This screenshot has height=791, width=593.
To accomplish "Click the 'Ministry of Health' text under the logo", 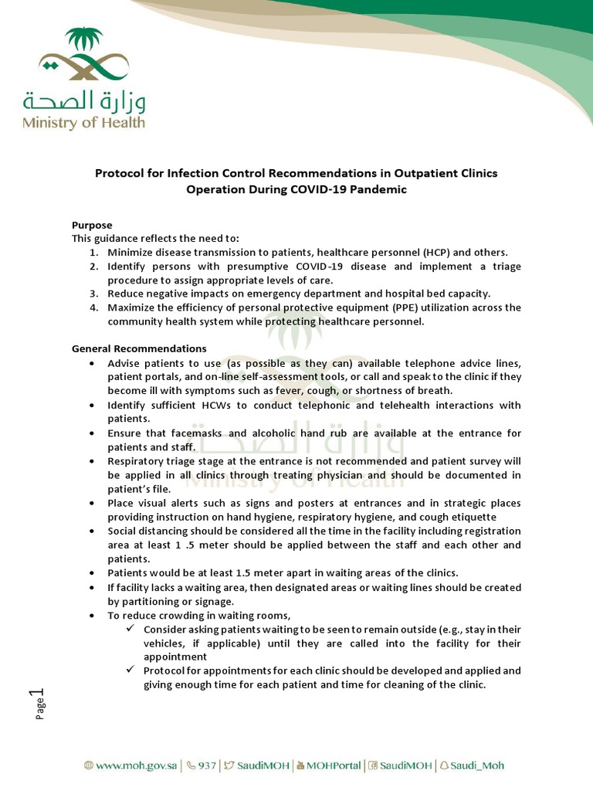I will coord(83,122).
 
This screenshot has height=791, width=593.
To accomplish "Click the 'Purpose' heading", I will coord(92,225).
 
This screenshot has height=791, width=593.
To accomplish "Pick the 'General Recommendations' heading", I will coord(139,348).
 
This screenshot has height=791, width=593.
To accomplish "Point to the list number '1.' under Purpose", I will coord(93,253).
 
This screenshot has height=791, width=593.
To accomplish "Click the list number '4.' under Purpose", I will coord(93,307).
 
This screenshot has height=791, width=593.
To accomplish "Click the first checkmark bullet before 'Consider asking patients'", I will coord(131,629).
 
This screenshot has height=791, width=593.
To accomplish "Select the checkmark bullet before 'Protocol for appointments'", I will coord(131,670).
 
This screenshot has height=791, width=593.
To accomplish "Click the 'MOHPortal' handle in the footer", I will coord(327,766).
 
